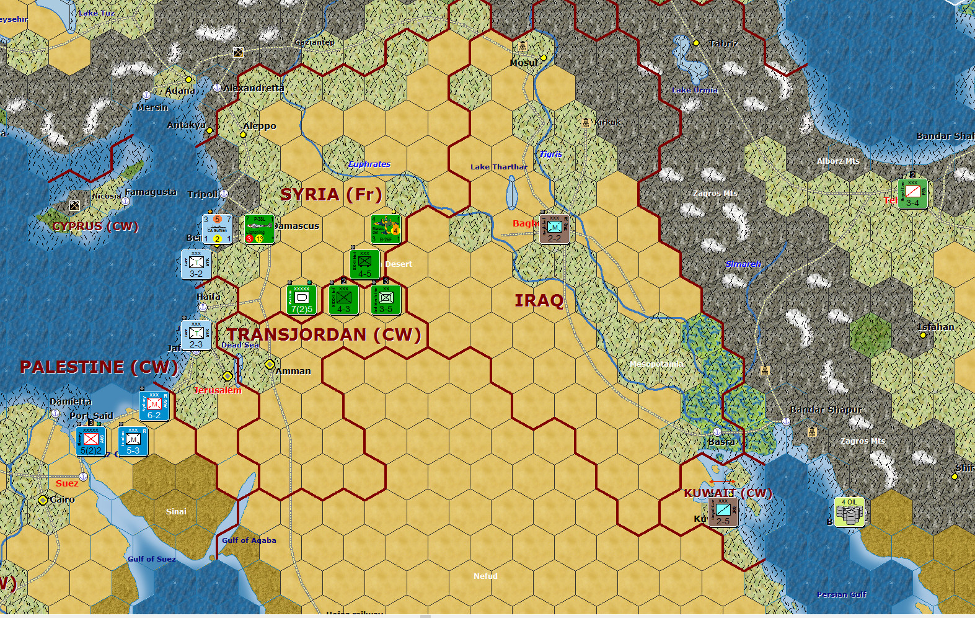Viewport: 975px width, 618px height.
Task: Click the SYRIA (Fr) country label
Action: click(331, 194)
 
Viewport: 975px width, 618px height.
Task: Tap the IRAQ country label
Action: click(539, 301)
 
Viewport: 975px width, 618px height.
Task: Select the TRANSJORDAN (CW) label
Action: click(324, 334)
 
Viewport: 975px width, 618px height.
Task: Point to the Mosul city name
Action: click(524, 63)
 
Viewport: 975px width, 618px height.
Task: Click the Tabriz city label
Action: click(723, 43)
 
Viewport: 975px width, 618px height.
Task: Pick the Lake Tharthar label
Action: click(498, 167)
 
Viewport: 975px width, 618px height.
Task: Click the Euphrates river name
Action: click(369, 164)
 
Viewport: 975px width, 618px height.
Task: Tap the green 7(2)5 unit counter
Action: click(302, 300)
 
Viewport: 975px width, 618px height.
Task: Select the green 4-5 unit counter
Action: click(364, 264)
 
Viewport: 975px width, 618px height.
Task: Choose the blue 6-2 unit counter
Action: click(154, 406)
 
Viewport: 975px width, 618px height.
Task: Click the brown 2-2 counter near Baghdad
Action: click(554, 230)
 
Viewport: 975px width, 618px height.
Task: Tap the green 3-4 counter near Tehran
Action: click(912, 194)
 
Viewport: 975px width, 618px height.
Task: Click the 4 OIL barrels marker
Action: click(849, 512)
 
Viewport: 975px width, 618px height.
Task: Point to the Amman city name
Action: click(293, 371)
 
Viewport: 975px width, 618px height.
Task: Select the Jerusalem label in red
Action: click(218, 390)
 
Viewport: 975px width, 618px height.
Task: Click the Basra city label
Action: click(721, 442)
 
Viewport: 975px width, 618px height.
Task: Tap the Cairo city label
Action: click(62, 499)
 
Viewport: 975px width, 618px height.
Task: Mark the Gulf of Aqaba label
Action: click(249, 540)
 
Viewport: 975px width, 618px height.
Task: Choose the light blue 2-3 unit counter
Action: click(196, 336)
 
